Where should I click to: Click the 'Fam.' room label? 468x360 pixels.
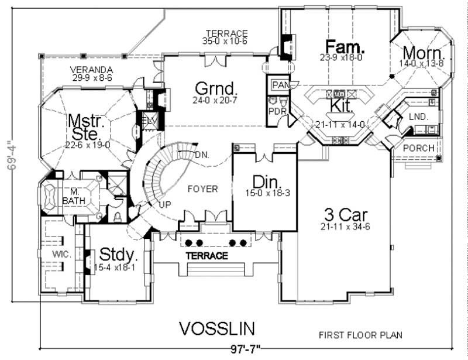click(x=346, y=46)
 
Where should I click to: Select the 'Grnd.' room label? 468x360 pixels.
click(x=216, y=89)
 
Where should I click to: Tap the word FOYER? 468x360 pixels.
click(x=202, y=189)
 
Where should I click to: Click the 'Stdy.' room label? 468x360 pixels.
click(x=119, y=255)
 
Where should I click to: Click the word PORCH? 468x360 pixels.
click(x=419, y=148)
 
